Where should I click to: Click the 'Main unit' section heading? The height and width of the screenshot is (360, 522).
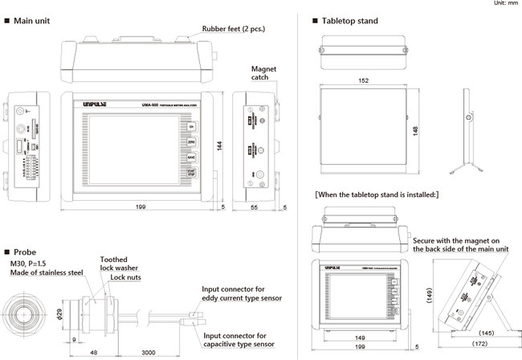pos(34,20)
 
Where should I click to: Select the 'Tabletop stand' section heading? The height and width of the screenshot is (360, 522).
pos(350,20)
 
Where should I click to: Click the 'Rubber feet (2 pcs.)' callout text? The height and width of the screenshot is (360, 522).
pos(234,28)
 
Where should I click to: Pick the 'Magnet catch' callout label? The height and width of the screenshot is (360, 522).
pos(263,74)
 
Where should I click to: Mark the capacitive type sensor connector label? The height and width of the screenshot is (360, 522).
pos(245,341)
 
